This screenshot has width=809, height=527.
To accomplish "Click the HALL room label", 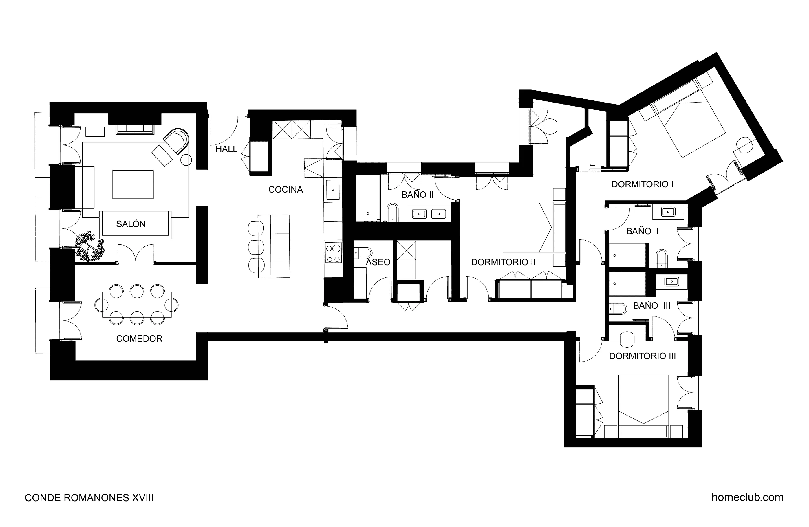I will click(226, 149).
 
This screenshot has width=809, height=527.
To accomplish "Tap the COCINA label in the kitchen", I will click(285, 189).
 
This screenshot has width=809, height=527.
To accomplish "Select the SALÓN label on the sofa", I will click(131, 224).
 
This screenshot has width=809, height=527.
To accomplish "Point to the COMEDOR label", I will click(139, 338).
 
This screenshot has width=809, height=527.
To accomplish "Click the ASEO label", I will click(378, 262).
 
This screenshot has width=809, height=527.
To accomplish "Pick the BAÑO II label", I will click(418, 195).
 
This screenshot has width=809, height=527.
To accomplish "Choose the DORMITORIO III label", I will click(642, 356).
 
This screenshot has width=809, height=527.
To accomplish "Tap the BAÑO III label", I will click(651, 306).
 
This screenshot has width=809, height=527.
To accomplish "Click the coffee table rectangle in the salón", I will click(133, 184).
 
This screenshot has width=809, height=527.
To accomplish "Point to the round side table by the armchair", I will click(186, 160).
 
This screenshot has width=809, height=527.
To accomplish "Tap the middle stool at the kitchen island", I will click(256, 247).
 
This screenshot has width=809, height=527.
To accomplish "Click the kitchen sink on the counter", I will click(333, 190).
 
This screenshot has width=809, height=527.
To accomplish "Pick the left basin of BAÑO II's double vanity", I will click(419, 214).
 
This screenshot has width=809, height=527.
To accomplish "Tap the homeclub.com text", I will click(747, 497).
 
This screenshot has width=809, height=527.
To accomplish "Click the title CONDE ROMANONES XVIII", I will click(89, 498).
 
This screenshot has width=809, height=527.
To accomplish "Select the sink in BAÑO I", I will click(668, 212).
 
